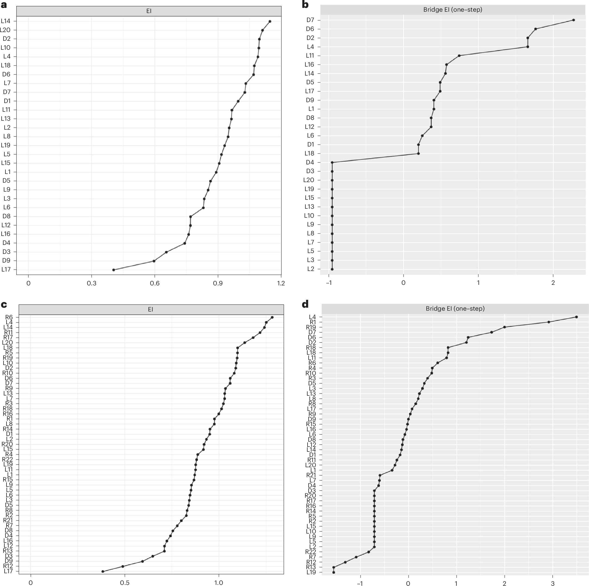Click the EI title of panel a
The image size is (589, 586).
(149, 11)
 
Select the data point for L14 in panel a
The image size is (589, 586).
(270, 21)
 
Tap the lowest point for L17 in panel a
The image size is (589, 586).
(114, 270)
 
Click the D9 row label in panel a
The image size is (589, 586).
(7, 261)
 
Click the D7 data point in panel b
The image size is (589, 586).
(573, 20)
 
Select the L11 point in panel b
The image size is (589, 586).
(459, 55)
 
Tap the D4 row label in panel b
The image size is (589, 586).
(310, 163)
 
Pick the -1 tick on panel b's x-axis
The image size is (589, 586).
(329, 282)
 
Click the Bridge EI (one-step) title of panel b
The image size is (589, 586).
(452, 10)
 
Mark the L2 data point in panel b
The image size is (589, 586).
(332, 269)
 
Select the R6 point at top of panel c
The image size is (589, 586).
(272, 317)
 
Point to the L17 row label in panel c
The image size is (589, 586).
(8, 571)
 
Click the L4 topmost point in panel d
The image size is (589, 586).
(576, 317)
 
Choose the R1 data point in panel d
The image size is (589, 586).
(549, 322)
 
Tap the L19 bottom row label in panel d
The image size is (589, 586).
(311, 572)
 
